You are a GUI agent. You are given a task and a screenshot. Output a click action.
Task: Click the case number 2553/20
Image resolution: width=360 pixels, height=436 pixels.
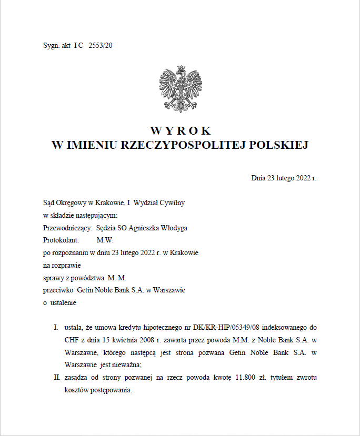[101, 45]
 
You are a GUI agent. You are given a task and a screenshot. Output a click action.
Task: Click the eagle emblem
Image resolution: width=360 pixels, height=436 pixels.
[181, 89]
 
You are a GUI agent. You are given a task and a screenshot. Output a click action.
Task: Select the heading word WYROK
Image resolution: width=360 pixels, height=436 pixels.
[180, 130]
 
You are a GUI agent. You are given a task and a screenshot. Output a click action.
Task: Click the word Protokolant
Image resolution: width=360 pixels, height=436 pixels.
[61, 240]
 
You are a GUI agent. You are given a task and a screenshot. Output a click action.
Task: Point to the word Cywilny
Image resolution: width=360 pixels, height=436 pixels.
[172, 202]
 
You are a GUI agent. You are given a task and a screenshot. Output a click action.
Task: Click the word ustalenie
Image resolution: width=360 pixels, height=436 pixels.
[63, 302]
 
